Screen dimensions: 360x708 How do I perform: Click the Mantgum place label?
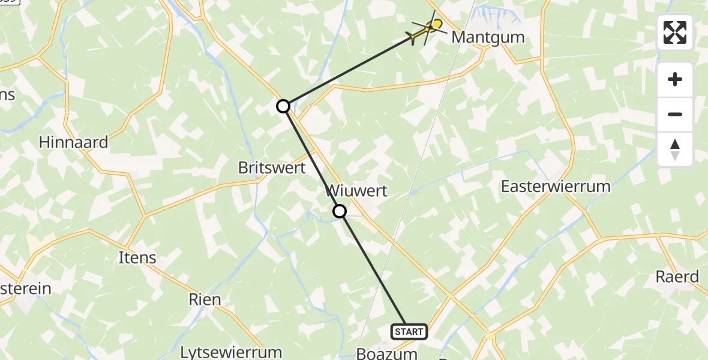pos(488,37)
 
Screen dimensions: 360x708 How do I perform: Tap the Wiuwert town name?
pos(356,191)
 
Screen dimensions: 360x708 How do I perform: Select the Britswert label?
pos(272,168)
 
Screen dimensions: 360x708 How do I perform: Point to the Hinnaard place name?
pos(73,142)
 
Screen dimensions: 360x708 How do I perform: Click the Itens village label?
pos(139,258)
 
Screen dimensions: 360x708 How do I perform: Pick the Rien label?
pos(205,299)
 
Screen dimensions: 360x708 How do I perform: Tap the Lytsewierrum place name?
pos(231,352)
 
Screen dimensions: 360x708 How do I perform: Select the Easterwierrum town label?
pos(556,187)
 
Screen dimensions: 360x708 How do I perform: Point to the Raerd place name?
pos(677,277)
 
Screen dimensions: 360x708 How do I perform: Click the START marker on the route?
pos(409,331)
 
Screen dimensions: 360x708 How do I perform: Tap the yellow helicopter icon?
pos(427,29)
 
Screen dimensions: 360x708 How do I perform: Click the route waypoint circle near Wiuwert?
pos(340,211)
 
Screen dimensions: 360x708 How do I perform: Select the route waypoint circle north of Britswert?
pos(283,106)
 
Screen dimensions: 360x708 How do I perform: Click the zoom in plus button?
pos(675,79)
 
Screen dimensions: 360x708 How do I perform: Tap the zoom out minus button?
pos(675,114)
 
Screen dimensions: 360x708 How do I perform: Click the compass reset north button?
pos(675,149)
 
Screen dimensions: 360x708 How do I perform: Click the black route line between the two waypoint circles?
pos(311,159)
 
